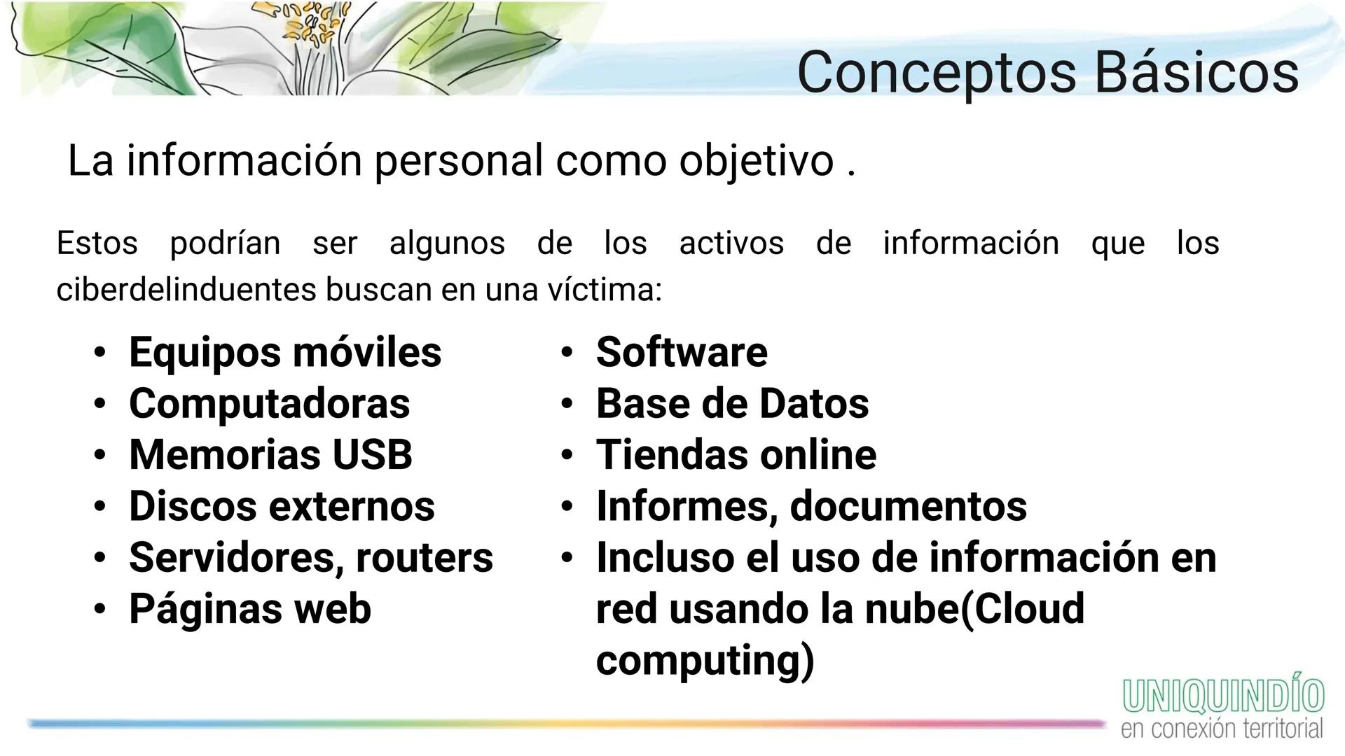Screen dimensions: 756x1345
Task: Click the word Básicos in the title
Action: click(x=1196, y=72)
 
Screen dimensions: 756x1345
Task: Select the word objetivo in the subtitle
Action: click(x=756, y=161)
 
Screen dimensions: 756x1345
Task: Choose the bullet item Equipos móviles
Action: click(x=284, y=351)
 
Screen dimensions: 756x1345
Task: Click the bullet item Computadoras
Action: click(x=269, y=403)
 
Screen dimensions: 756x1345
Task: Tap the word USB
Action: click(x=372, y=454)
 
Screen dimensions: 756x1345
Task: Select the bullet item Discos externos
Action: click(x=282, y=505)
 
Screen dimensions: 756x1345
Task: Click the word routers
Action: click(x=425, y=557)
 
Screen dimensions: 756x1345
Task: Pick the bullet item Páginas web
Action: click(x=249, y=608)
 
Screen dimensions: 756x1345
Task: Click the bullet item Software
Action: click(x=682, y=351)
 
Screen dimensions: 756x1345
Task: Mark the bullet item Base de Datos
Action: click(x=732, y=403)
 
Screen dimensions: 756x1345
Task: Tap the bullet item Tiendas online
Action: click(x=736, y=454)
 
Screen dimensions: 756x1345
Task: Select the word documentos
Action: click(x=909, y=505)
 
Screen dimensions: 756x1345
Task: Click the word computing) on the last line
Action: click(x=705, y=660)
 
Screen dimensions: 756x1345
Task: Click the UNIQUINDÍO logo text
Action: click(x=1223, y=696)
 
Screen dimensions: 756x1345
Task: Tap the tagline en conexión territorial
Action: click(x=1222, y=729)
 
